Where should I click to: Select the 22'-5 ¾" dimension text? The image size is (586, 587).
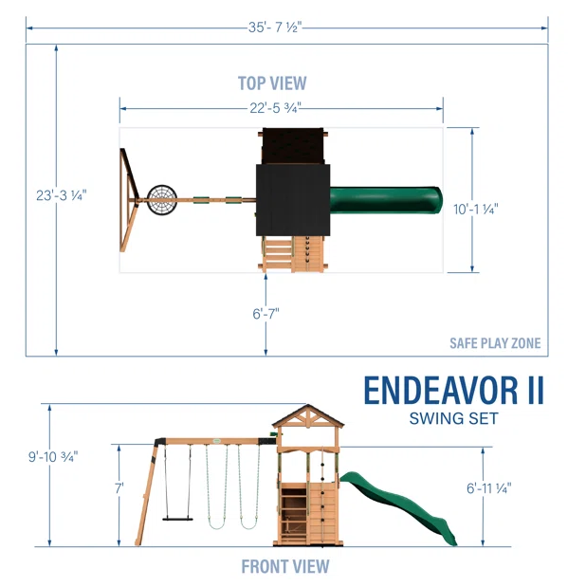[x=277, y=108]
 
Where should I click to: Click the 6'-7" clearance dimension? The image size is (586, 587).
[x=266, y=313]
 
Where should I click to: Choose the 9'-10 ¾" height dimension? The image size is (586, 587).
[x=53, y=456]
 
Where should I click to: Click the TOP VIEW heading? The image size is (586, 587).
[x=272, y=83]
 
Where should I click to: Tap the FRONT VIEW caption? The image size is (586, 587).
[x=285, y=567]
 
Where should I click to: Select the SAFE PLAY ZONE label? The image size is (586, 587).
[x=495, y=343]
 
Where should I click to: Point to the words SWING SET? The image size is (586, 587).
[x=455, y=417]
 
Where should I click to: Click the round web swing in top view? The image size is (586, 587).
[x=162, y=200]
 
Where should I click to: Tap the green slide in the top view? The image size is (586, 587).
[x=385, y=200]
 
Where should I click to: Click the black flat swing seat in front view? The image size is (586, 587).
[x=177, y=518]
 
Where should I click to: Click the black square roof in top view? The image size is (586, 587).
[x=292, y=200]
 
